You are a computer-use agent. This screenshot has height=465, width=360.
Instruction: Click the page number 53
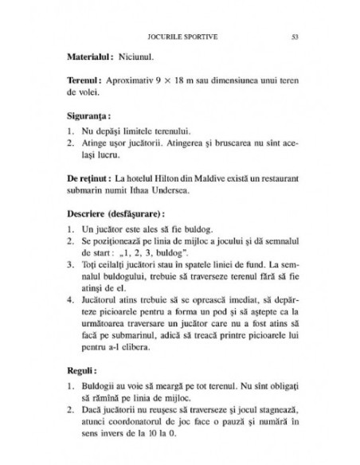pyautogui.click(x=295, y=36)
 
